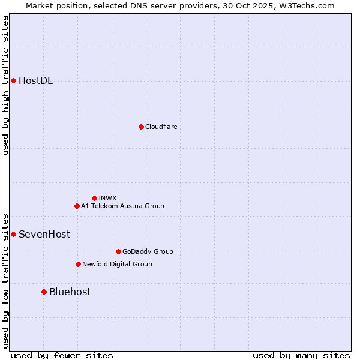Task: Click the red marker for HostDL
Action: tap(13, 80)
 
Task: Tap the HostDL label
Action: tap(35, 81)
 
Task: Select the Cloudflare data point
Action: tap(141, 127)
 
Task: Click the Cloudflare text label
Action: tap(161, 127)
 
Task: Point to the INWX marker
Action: tap(94, 198)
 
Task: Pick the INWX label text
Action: tap(107, 198)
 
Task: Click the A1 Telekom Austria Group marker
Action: tap(77, 206)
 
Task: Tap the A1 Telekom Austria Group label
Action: tap(122, 206)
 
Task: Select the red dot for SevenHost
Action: tap(13, 234)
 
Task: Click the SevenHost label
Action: tap(44, 235)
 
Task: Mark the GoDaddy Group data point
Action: tap(118, 251)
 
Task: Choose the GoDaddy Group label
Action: tap(148, 251)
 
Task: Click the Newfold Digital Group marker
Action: tap(78, 264)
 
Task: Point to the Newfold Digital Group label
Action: tap(117, 264)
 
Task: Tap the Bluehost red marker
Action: tap(44, 292)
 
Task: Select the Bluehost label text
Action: tap(70, 292)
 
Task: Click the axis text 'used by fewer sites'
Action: tap(62, 355)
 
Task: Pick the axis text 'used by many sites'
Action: tap(301, 355)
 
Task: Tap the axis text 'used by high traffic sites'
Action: tap(5, 85)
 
